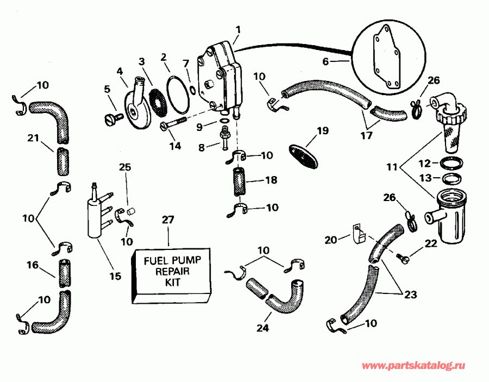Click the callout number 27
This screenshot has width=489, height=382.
[x=168, y=220]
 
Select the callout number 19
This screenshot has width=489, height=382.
[x=323, y=131]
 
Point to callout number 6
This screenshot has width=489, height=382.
[x=326, y=62]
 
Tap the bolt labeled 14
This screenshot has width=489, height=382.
[x=173, y=126]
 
